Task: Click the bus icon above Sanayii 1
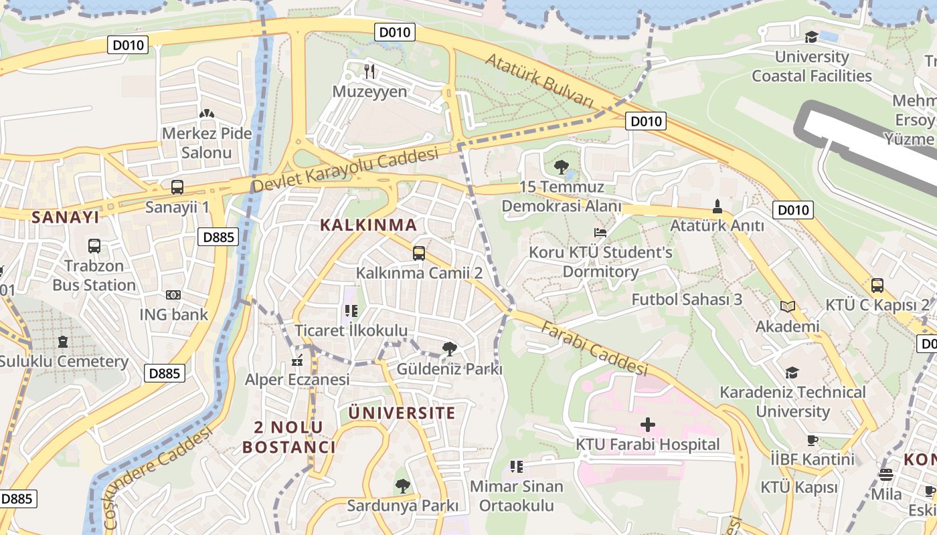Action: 177,187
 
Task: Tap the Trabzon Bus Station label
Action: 94,276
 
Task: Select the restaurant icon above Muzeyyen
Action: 369,70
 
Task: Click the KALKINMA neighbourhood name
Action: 368,225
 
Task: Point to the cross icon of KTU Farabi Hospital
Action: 647,424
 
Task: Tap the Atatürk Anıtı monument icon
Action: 717,206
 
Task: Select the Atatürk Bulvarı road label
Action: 539,80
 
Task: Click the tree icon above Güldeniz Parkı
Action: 450,348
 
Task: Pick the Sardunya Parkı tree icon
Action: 402,486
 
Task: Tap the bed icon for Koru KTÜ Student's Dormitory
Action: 600,233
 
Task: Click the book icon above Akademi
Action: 788,306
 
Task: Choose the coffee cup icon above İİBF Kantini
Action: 812,439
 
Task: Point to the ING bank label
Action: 173,314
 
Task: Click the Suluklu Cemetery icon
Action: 63,342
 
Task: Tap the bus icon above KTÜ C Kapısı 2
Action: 877,286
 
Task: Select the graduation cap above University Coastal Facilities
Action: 811,37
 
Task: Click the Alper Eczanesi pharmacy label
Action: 297,380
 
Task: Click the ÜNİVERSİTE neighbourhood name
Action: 402,413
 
